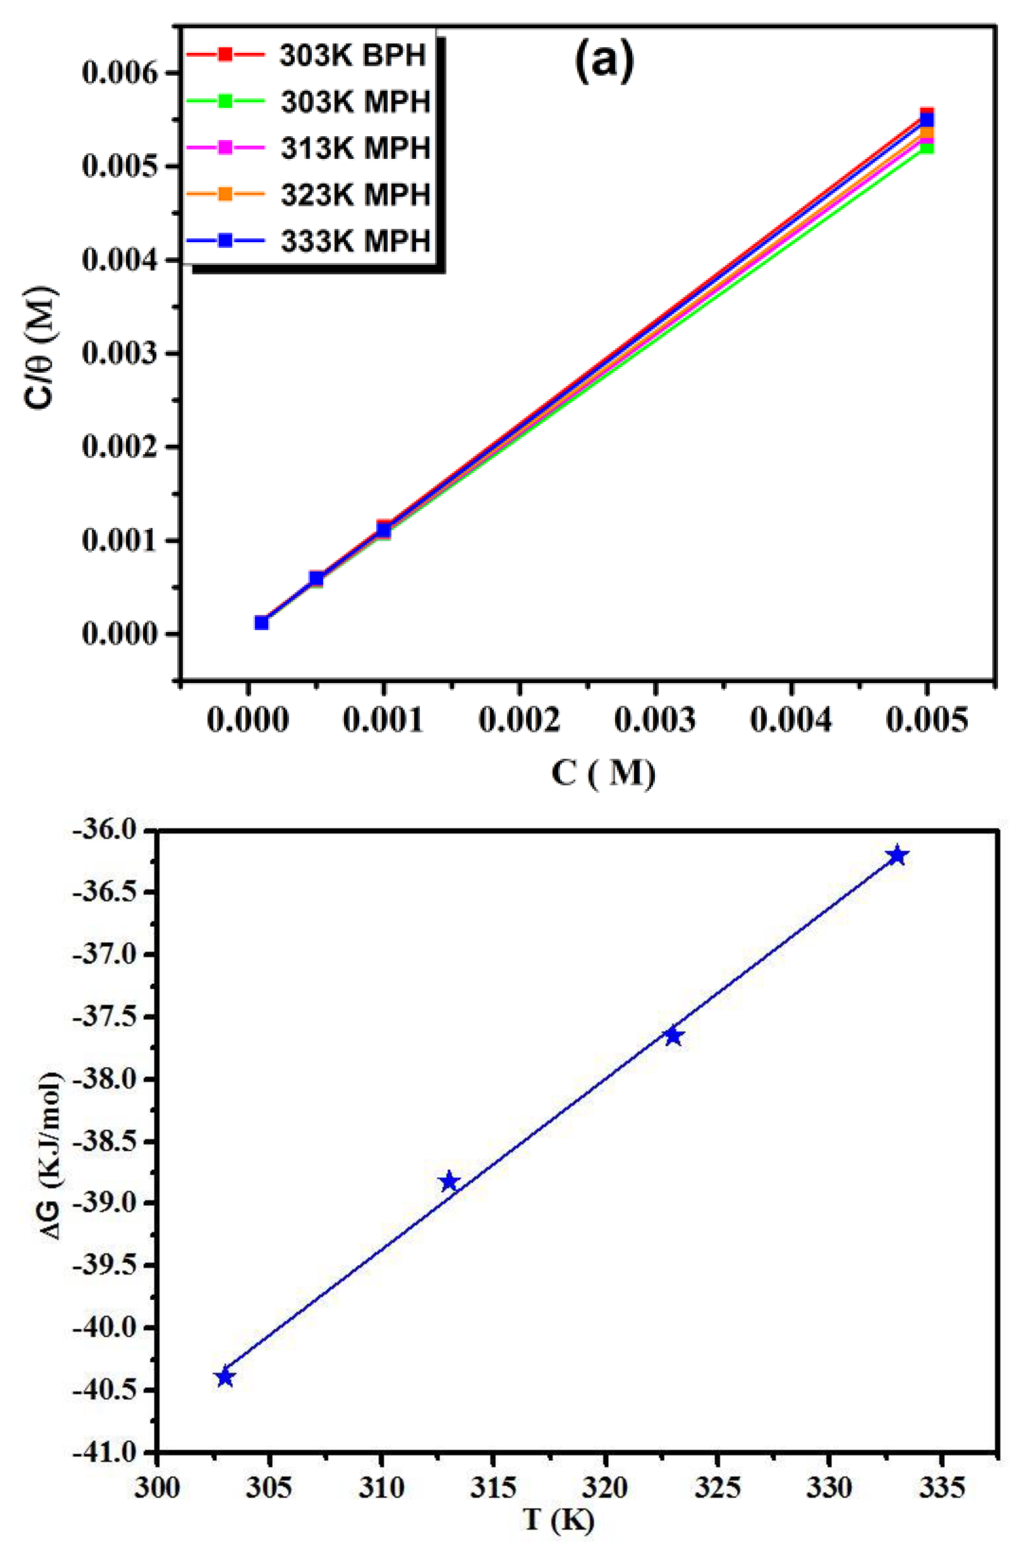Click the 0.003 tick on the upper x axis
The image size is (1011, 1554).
click(x=655, y=720)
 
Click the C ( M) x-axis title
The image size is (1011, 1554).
click(x=602, y=774)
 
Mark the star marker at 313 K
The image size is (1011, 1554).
click(x=449, y=1182)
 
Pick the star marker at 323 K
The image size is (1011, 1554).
click(x=674, y=1035)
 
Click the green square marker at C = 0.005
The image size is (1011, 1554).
click(x=926, y=148)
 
